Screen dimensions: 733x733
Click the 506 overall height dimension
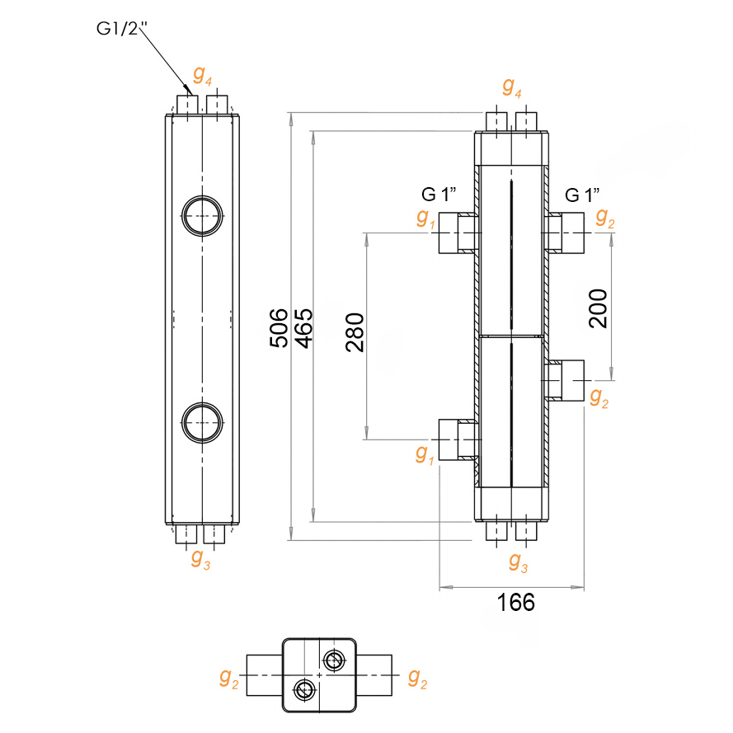click(280, 327)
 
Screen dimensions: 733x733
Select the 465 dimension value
click(303, 327)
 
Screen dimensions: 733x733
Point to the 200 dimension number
click(599, 308)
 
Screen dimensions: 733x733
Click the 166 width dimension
click(516, 603)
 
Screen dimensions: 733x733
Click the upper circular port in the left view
click(202, 216)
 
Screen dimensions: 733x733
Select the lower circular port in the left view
click(202, 421)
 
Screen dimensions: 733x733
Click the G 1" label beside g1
click(440, 195)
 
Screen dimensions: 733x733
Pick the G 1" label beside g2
click(582, 195)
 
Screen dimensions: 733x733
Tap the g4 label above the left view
click(203, 76)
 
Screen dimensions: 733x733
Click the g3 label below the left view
click(200, 558)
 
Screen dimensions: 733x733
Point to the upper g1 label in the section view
click(425, 218)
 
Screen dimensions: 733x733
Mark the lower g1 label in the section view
click(425, 453)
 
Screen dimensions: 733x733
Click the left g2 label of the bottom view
click(229, 679)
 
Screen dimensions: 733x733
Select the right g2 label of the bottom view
click(417, 679)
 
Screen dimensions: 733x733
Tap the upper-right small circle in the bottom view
click(334, 660)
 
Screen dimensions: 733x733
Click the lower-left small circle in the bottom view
click(305, 689)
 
